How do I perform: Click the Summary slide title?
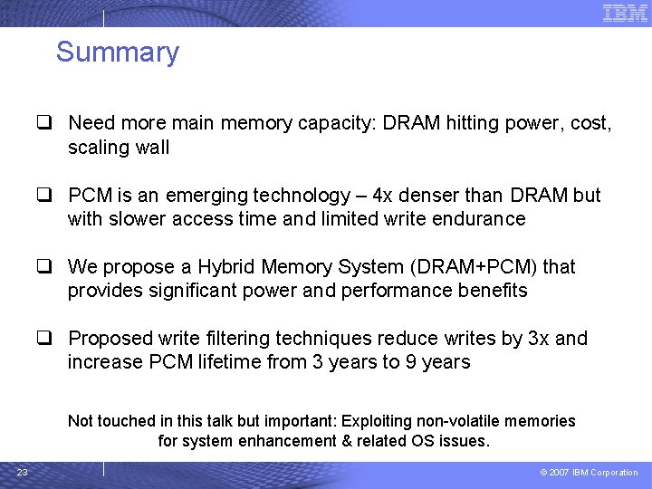[118, 53]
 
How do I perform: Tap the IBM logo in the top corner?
[625, 13]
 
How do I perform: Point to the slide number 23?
[23, 472]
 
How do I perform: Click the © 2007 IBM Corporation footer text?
[589, 473]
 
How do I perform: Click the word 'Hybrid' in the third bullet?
[226, 267]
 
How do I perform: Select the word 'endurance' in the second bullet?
[481, 219]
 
